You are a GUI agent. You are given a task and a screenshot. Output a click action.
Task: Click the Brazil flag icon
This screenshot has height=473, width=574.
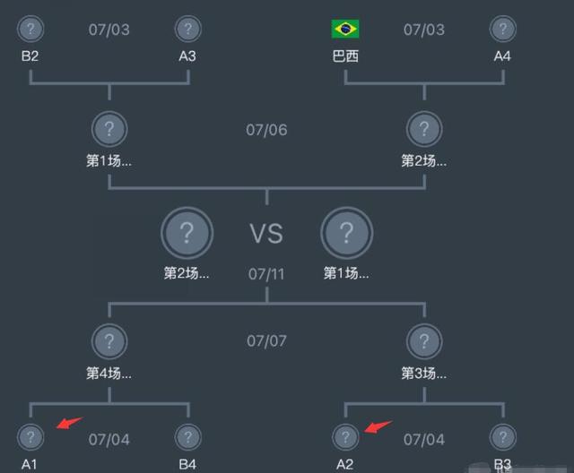pos(345,30)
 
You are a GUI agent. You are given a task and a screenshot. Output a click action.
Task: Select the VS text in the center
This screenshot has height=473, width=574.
pos(266,235)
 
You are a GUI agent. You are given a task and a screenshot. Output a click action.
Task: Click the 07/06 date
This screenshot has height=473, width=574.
pos(266,130)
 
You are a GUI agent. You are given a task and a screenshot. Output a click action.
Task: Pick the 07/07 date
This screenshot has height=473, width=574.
pos(266,341)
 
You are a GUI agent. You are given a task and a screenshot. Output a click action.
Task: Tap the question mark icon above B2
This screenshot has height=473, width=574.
pos(30,29)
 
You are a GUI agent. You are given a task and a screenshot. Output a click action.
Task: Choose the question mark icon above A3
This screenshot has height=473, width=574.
pos(187,29)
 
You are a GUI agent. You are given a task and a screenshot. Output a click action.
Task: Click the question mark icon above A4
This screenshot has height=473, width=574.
pos(502,29)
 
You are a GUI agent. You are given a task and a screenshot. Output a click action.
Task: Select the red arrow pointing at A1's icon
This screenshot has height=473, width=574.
pos(68,423)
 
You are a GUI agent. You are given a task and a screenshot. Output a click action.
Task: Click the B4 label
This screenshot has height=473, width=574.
pos(187,464)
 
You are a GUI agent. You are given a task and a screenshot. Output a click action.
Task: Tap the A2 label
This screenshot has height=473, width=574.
pos(345,464)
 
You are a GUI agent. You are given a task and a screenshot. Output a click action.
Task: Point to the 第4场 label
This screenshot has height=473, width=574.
pos(109,372)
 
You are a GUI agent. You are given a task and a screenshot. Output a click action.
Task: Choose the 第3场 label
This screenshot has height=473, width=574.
pos(424,372)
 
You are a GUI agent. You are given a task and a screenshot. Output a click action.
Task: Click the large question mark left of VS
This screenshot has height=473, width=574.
pos(187,234)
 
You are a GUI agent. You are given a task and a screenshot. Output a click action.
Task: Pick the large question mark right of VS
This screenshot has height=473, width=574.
pos(346,234)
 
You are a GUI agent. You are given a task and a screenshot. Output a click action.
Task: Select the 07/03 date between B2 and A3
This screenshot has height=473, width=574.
pos(109,30)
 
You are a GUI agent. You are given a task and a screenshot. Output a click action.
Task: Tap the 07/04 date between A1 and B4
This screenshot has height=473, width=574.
pos(109,440)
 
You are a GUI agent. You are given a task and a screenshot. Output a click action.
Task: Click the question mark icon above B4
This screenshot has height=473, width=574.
pos(187,437)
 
